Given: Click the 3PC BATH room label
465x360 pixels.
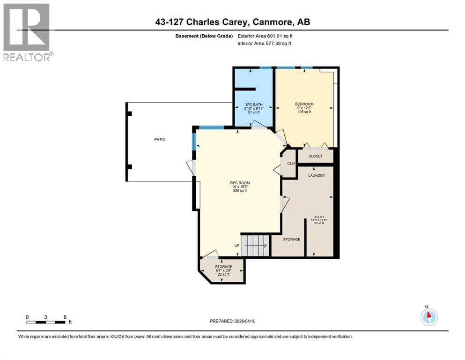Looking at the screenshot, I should (x=254, y=104).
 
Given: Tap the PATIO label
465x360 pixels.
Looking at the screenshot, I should (x=160, y=139).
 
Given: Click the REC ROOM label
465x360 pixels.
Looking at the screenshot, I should (x=239, y=183).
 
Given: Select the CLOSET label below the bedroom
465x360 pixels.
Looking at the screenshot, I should (x=315, y=156).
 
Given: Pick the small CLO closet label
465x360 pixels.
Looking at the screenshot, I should (x=290, y=163).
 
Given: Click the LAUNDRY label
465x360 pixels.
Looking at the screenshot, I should (x=316, y=176).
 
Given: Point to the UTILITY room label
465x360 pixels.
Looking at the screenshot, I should (x=318, y=217).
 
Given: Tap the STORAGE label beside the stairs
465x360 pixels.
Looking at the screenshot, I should (x=291, y=240).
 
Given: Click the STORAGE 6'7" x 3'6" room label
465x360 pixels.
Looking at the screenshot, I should (x=223, y=267).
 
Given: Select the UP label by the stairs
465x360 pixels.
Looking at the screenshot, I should (x=237, y=246).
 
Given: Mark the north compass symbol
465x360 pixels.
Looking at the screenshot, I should (x=429, y=317).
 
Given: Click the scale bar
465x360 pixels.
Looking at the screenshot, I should (x=46, y=322).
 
